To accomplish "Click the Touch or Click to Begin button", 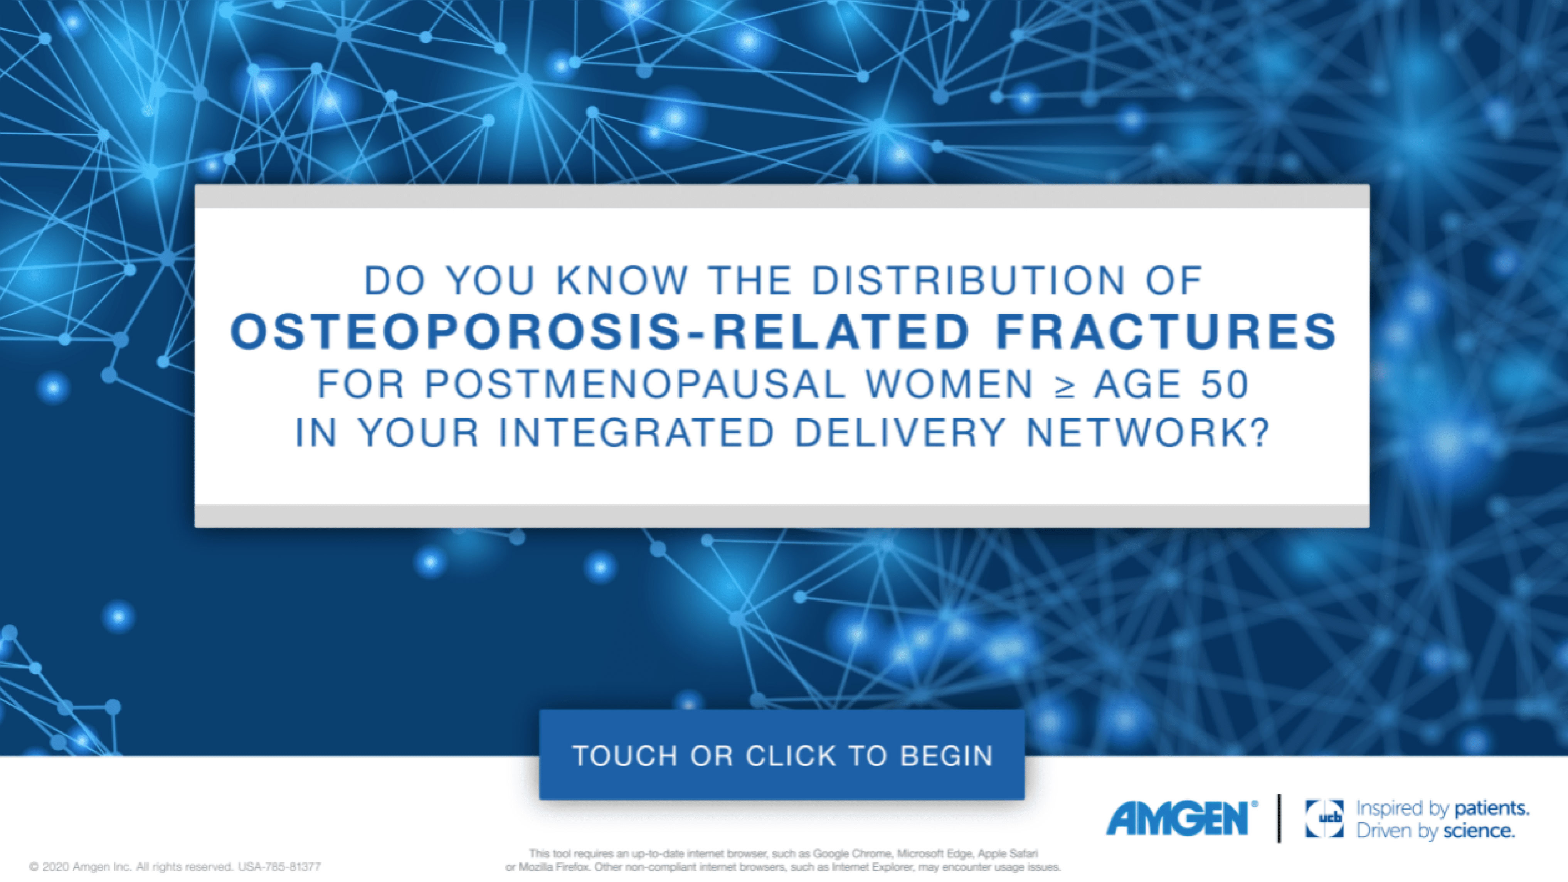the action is pos(782,755).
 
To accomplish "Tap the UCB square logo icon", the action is pos(1324,819).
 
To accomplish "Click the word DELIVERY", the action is pos(900,433).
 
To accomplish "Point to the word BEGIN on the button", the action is pos(947,756).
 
